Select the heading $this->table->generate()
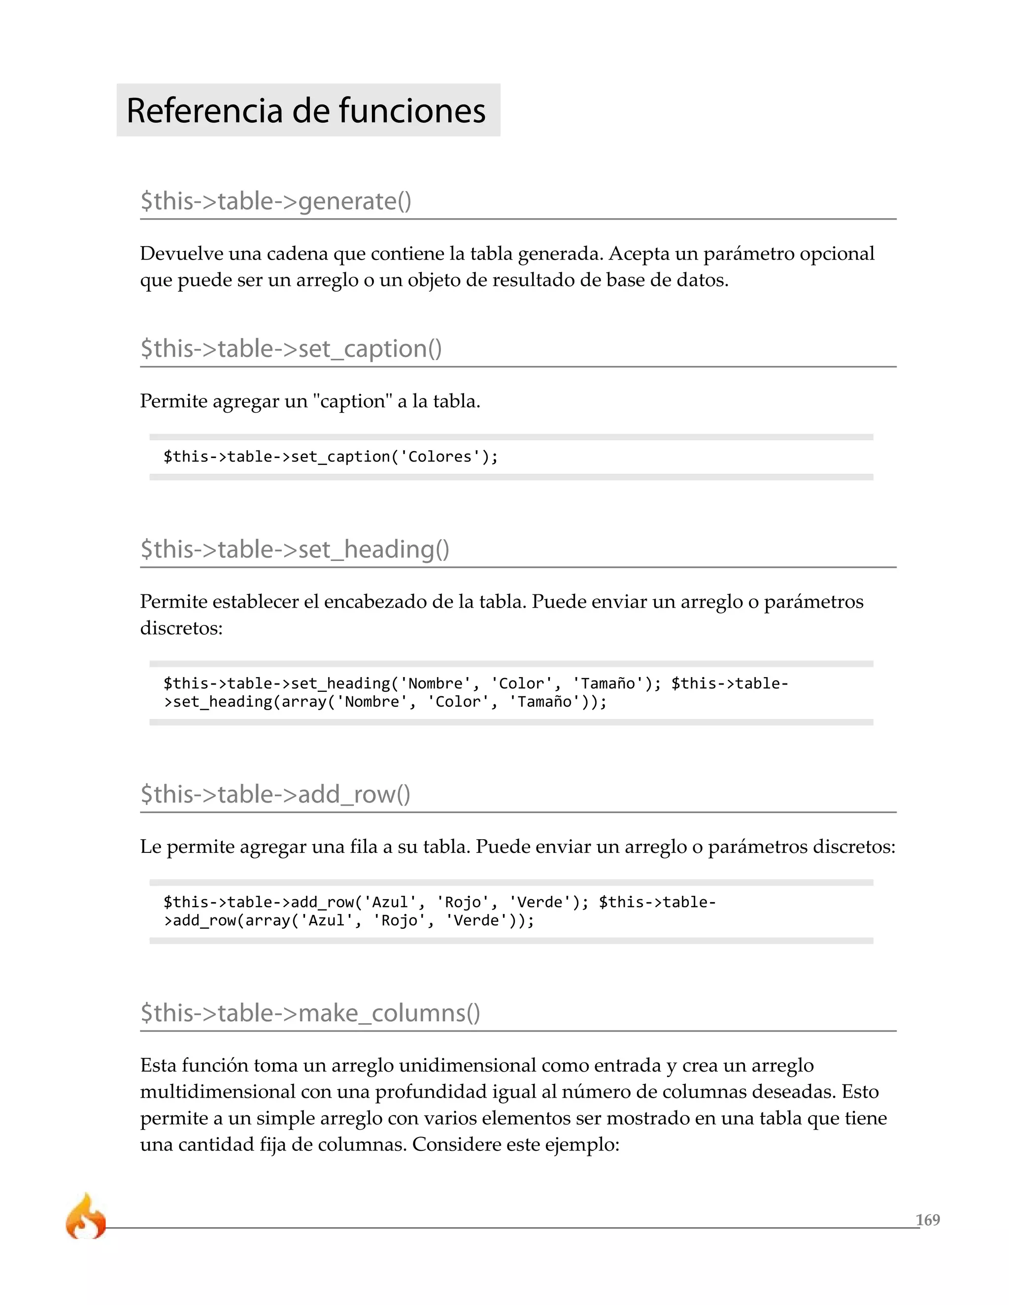(275, 201)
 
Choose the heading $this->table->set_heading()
(295, 550)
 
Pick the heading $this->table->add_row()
(275, 795)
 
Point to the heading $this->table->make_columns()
(310, 1013)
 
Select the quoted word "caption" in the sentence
(352, 401)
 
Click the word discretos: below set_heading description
(181, 628)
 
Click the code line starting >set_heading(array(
(386, 702)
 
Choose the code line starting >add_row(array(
(349, 921)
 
